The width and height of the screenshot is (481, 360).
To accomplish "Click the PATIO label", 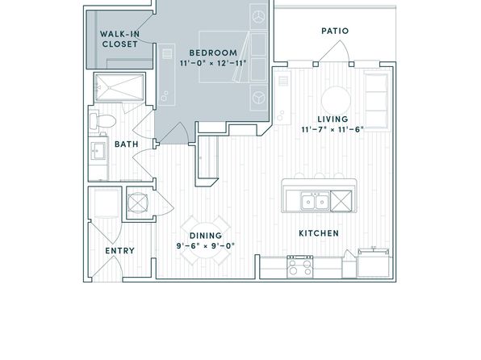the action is tap(335, 31).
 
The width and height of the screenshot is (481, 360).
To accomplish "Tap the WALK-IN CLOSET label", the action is tap(120, 39).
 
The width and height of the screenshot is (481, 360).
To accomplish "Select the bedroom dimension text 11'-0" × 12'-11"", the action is tap(213, 64).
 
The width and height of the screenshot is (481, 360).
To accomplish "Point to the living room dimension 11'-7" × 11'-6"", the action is tap(333, 129).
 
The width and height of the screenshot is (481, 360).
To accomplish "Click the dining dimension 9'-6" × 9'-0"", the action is tap(206, 246).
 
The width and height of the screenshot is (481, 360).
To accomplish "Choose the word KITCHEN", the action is tap(319, 233).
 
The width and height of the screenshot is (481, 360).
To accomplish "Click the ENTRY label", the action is tap(120, 251).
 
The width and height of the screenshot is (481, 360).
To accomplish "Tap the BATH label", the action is tap(127, 144).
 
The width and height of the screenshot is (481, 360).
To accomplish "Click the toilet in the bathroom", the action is tap(102, 121).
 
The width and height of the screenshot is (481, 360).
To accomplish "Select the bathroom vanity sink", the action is tap(98, 151).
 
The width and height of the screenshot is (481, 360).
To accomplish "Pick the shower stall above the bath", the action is tap(119, 87).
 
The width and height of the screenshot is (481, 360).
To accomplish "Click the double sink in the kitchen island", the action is tap(315, 201).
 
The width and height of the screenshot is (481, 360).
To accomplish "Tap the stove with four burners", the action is tap(300, 267).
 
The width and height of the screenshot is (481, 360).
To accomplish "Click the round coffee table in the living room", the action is tap(336, 101).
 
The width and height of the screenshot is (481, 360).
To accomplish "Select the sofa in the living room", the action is tap(377, 101).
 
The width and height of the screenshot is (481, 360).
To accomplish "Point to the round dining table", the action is tap(206, 241).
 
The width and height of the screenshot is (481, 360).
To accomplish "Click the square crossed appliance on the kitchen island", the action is tap(341, 201).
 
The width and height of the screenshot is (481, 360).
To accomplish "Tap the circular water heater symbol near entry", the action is tap(138, 203).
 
